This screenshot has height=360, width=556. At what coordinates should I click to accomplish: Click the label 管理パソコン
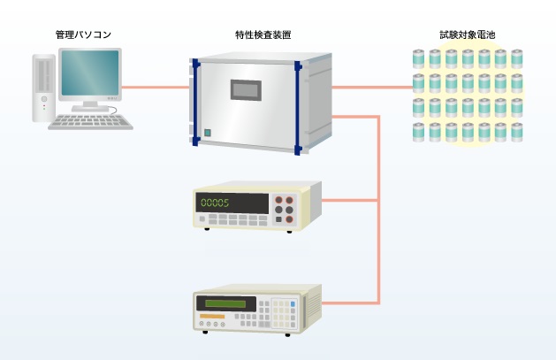pos(83,34)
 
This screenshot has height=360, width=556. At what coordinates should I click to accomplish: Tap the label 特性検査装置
pos(263,34)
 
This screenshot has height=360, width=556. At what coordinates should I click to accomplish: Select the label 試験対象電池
pos(468,34)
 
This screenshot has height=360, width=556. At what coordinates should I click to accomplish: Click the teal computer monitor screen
pos(90,73)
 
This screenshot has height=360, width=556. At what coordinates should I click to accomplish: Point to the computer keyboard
pos(90,122)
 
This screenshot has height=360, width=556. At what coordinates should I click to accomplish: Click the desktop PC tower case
pos(44,88)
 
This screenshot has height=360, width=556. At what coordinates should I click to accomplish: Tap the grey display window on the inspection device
pos(246,90)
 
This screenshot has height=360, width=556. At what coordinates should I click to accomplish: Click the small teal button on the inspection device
pos(208,133)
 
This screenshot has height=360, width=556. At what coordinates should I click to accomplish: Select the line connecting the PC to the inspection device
pos(156,88)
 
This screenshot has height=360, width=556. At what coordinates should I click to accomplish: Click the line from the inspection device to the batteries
pos(372,88)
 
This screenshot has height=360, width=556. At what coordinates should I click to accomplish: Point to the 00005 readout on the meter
pos(215,203)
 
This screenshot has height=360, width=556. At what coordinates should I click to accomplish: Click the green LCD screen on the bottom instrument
pos(225,304)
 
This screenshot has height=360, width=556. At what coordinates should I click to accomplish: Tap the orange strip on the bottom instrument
pos(212,317)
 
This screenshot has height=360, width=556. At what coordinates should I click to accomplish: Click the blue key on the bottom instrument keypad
pos(293,304)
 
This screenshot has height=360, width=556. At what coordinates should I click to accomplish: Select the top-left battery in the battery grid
pos(418,59)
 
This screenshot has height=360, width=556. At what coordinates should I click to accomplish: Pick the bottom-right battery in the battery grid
pos(516,133)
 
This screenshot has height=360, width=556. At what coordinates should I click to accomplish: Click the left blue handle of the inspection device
pos(195,103)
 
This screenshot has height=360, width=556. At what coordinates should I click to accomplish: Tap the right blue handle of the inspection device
pos(298,108)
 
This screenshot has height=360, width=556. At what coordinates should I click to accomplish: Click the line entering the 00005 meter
pos(350,201)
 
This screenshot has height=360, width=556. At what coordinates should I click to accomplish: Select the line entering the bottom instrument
pos(350,303)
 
